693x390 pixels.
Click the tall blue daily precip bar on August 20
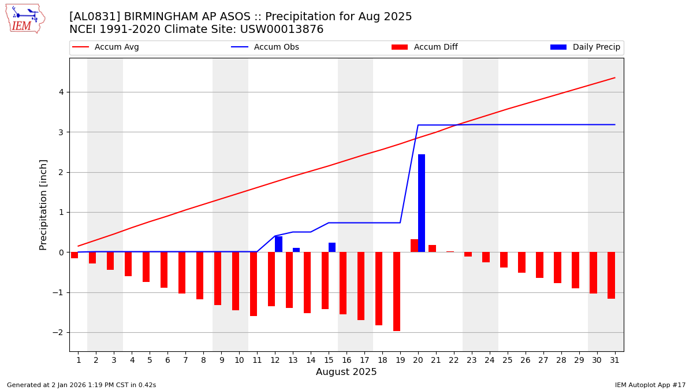(x=422, y=203)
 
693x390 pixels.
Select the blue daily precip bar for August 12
(x=279, y=244)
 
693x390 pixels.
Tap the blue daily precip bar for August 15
(x=332, y=247)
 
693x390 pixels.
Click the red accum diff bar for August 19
(x=397, y=291)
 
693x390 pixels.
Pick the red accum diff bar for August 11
(x=254, y=284)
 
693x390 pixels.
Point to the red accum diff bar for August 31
(x=611, y=275)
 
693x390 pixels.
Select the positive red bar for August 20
(x=414, y=246)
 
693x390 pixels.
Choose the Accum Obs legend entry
(x=276, y=47)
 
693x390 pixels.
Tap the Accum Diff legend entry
(x=435, y=47)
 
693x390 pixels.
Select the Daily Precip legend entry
(x=596, y=47)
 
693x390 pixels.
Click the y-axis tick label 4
(x=61, y=92)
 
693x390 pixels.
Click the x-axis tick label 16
(x=346, y=361)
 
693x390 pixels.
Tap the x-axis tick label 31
(x=614, y=361)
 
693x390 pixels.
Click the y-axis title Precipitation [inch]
(x=43, y=205)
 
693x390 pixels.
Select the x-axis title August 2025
(x=346, y=373)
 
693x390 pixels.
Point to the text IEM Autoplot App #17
(x=650, y=385)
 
